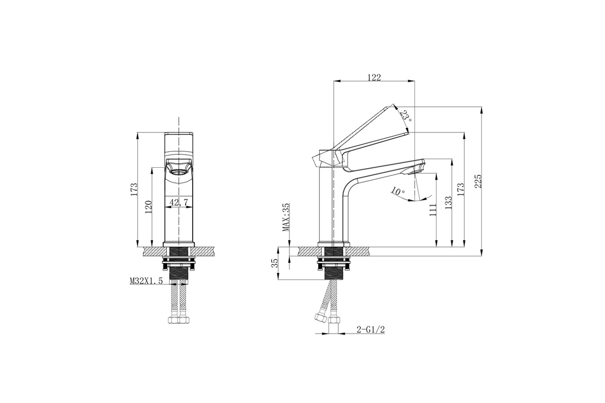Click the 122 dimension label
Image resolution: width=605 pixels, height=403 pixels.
tap(374, 78)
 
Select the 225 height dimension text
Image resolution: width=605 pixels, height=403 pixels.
tap(478, 181)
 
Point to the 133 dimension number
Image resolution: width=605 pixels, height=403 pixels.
tap(448, 203)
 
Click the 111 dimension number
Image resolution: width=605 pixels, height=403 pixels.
tap(433, 210)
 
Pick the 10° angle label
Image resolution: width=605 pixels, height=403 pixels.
tap(398, 191)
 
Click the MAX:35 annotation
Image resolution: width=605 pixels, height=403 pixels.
tap(286, 217)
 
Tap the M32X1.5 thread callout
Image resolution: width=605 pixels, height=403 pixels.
tap(146, 281)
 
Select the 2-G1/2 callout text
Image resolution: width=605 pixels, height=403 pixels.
tap(371, 329)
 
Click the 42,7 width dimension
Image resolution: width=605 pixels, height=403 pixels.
tap(178, 202)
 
